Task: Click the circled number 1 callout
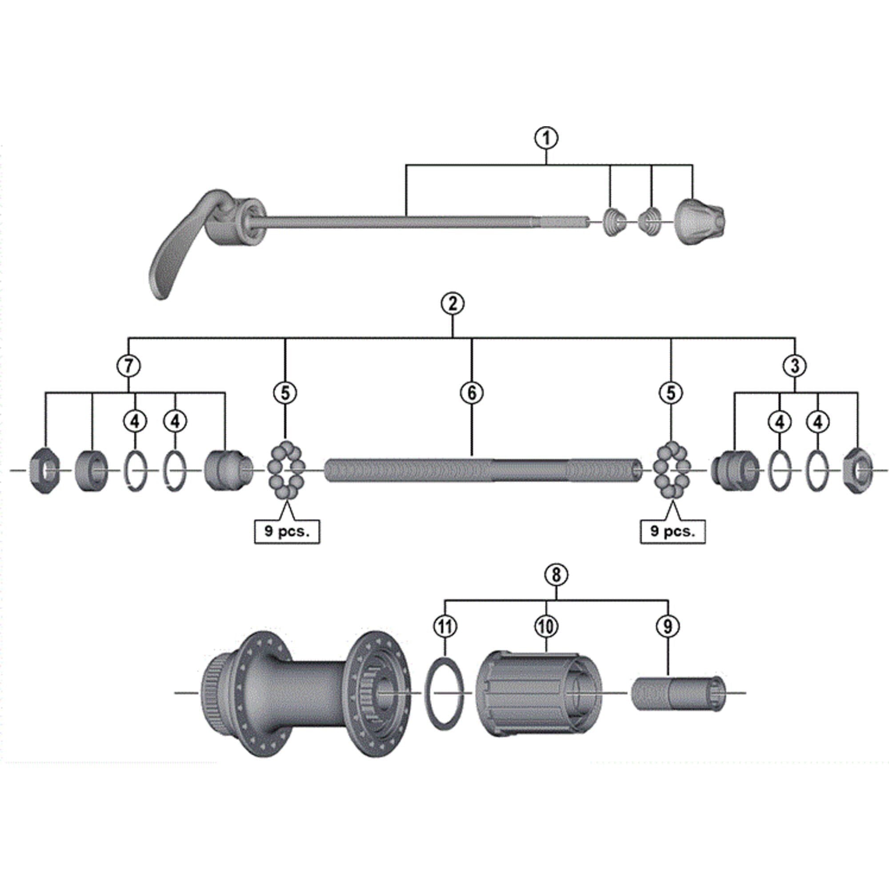(x=546, y=138)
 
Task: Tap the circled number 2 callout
(x=453, y=304)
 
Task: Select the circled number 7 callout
(x=128, y=366)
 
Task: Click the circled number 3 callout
(x=795, y=366)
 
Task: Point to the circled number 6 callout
(x=472, y=393)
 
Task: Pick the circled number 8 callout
(x=557, y=575)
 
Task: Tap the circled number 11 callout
(x=445, y=626)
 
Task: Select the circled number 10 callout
(x=546, y=626)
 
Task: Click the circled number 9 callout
(x=668, y=626)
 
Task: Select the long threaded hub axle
(x=483, y=470)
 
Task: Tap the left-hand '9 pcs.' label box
(x=287, y=532)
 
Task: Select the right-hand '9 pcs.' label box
(x=673, y=532)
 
